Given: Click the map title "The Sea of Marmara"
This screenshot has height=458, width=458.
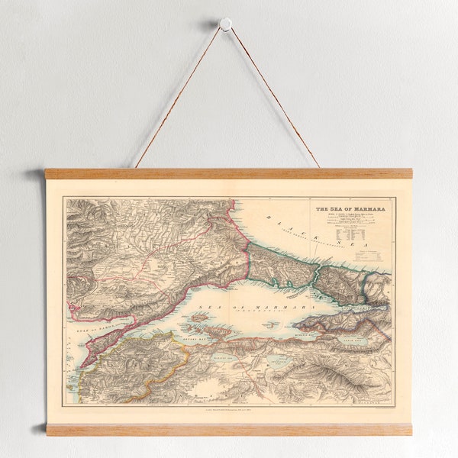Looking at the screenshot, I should coord(350,208).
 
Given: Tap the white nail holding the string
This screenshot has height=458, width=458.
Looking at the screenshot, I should coord(225,24).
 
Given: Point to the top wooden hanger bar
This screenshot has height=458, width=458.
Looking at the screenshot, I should coord(228,173).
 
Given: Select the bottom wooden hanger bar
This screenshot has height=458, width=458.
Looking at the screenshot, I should coord(228,429).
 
